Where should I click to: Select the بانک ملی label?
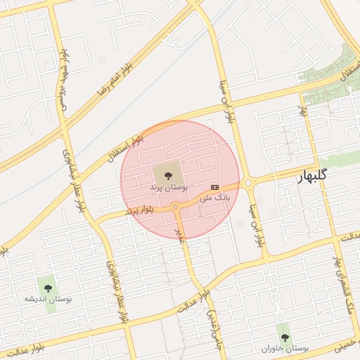214,198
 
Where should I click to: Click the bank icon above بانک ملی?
214,187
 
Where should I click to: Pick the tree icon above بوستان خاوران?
285,337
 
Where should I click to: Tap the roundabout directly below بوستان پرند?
175,207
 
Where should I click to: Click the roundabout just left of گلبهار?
248,184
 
